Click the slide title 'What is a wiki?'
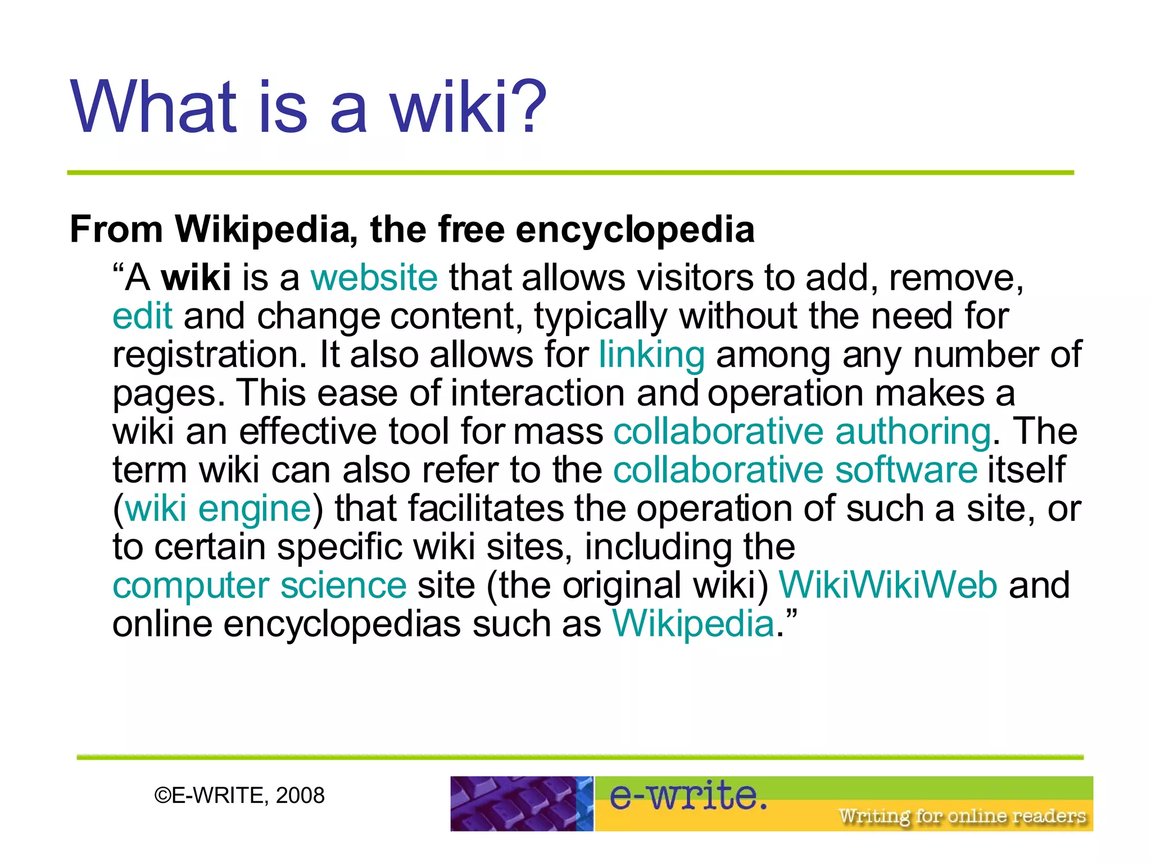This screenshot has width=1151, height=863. tap(308, 107)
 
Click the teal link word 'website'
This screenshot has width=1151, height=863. tap(374, 278)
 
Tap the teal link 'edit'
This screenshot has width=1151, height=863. tap(142, 316)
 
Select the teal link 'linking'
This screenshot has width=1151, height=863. tap(651, 355)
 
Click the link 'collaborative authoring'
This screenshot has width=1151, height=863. tap(802, 431)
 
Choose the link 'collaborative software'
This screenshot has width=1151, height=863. tap(795, 470)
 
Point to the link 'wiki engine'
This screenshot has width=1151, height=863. tap(218, 508)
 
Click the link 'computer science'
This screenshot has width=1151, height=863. tap(260, 585)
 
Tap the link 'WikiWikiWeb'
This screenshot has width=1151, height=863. tap(888, 585)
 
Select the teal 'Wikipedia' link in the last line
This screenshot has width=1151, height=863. tap(694, 624)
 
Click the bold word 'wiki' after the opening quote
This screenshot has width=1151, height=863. tap(196, 278)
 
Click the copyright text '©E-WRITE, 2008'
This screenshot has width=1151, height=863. tap(239, 796)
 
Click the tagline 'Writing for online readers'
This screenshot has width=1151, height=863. tap(962, 816)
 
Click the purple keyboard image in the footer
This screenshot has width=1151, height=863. tap(521, 803)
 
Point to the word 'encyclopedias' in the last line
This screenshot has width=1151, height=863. tap(342, 624)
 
